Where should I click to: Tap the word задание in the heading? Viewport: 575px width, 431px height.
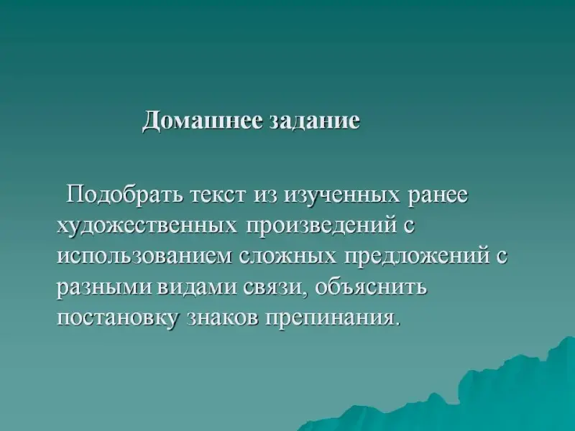315,120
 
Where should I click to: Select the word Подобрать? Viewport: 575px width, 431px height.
124,195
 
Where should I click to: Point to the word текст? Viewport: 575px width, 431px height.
218,195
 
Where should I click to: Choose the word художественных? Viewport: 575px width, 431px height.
147,224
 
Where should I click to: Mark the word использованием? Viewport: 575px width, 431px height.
145,256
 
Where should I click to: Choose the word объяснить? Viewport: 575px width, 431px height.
371,287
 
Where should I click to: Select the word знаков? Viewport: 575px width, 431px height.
223,318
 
